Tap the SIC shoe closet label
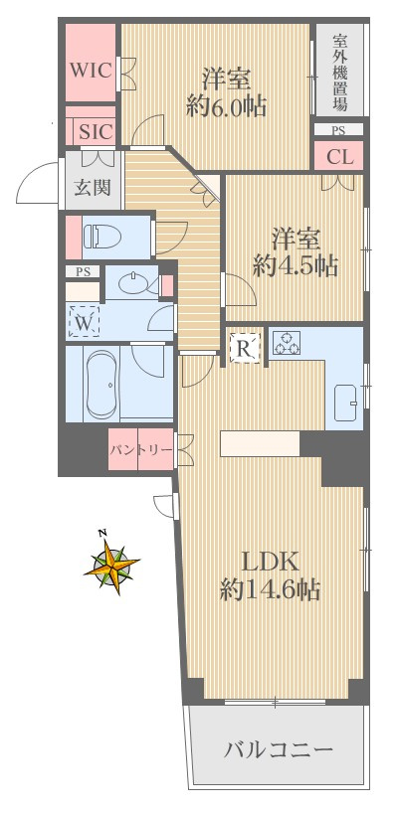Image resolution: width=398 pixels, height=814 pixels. (96, 130)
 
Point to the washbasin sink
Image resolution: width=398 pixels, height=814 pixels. (132, 284)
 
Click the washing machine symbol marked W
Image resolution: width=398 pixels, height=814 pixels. (84, 321)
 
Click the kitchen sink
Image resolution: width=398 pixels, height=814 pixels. (349, 401)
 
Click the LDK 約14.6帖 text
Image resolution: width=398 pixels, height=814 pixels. (270, 573)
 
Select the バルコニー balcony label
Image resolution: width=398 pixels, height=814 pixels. (279, 748)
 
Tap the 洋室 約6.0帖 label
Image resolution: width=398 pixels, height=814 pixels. (227, 91)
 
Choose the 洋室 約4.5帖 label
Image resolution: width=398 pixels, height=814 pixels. (295, 251)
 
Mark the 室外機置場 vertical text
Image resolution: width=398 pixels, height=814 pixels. (339, 72)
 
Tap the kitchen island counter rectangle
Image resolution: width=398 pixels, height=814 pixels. (260, 443)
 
